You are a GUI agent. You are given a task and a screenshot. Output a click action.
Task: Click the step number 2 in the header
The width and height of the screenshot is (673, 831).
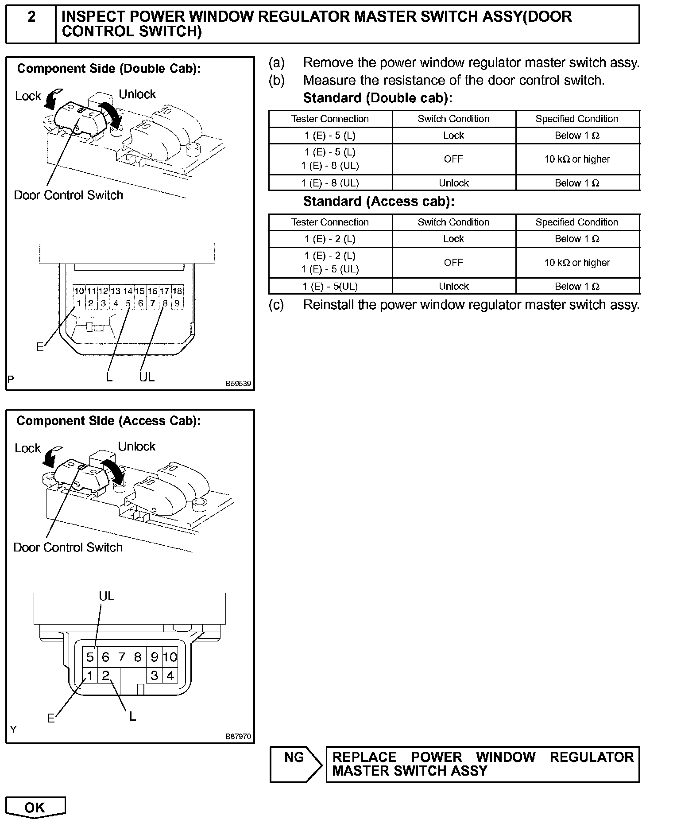tap(31, 17)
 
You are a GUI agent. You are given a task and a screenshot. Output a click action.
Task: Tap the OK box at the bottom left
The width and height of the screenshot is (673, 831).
tap(35, 807)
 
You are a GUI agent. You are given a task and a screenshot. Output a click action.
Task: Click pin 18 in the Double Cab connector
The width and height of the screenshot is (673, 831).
tap(177, 291)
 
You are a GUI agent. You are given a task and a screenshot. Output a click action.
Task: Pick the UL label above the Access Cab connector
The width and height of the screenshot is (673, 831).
tap(106, 596)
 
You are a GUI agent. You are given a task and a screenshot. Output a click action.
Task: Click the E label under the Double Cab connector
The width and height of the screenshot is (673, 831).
tap(40, 347)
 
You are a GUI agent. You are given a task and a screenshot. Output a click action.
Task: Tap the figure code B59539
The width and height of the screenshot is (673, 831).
tap(238, 384)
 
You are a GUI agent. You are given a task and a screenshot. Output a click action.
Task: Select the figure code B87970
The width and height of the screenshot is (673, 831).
tap(238, 737)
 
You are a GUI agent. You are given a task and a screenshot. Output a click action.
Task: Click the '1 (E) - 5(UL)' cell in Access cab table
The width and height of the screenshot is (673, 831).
tap(330, 287)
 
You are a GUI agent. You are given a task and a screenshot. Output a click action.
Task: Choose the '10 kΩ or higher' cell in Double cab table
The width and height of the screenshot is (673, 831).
tap(577, 159)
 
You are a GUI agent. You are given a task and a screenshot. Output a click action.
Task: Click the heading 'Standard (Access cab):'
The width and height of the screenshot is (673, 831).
tap(379, 202)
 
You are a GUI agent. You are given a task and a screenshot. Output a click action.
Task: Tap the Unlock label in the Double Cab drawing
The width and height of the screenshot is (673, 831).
tap(137, 94)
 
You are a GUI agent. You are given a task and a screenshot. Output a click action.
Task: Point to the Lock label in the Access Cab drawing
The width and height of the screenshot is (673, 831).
tap(27, 448)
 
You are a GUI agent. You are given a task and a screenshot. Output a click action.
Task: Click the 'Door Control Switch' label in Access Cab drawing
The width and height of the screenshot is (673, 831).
tap(68, 548)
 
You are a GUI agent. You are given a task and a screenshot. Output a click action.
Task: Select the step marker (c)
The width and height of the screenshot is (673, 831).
tap(276, 305)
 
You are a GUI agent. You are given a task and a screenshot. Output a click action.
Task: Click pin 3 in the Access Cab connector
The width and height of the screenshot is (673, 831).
tap(154, 676)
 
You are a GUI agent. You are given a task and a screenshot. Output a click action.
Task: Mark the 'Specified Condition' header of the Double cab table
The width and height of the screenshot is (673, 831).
tap(576, 119)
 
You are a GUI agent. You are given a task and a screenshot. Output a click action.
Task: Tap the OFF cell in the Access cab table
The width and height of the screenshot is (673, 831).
tap(453, 263)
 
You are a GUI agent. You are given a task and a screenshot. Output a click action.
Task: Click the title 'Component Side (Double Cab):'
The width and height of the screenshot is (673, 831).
tap(108, 69)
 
